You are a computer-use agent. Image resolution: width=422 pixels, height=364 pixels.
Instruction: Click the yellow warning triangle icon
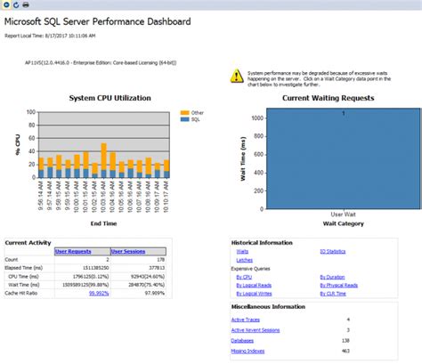coord(236,75)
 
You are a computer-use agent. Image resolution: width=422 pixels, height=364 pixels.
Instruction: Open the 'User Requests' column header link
coord(73,252)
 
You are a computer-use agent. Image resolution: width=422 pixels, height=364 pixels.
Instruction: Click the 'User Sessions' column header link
coord(127,252)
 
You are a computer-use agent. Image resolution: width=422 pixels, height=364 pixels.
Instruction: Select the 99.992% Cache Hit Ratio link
coord(98,292)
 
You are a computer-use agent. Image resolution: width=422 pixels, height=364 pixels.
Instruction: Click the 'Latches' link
coord(243,259)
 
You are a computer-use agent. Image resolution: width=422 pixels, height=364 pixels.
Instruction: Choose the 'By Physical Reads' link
coord(338,285)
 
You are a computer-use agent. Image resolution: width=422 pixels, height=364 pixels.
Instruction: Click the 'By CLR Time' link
coord(332,293)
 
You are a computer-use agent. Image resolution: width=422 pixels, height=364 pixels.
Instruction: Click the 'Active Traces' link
coord(247,319)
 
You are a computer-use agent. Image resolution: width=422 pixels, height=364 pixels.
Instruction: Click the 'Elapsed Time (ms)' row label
coord(26,265)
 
